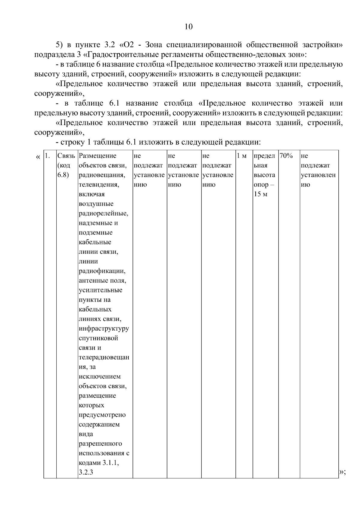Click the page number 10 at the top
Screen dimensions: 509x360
pos(188,27)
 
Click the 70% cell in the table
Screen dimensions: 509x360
pos(286,156)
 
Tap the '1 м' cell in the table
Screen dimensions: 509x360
pos(242,156)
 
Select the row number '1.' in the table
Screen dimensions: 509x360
pos(47,156)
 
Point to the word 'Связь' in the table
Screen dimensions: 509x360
pos(66,156)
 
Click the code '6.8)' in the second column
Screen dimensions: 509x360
pos(63,175)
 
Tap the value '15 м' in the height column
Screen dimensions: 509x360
pos(260,194)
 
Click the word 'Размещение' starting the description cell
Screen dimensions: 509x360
pos(97,156)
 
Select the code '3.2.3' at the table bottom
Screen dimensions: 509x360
pos(86,472)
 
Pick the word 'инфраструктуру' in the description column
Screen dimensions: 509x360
pos(104,328)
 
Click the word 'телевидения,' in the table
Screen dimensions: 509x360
pos(99,185)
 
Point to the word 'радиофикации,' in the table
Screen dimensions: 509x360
pos(102,271)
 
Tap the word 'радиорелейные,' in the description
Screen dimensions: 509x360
pos(103,214)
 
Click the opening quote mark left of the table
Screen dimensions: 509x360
pos(37,157)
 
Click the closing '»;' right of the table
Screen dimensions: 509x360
pos(343,472)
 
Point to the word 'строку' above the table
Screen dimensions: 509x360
pos(70,142)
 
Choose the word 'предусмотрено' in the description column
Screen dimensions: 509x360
pos(102,415)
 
